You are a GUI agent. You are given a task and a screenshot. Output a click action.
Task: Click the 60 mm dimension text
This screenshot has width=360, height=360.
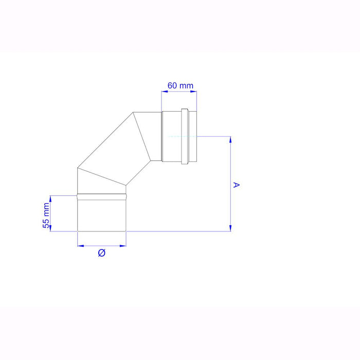pos(179,86)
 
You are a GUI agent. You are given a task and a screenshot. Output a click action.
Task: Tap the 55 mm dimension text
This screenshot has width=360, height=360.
pos(46,215)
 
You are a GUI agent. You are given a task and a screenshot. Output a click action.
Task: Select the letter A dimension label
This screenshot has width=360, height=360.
pos(237,184)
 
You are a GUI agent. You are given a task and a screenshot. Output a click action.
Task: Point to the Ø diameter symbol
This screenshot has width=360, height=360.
pos(101,253)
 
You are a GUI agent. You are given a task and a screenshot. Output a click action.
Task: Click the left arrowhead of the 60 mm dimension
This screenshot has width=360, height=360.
pos(164,92)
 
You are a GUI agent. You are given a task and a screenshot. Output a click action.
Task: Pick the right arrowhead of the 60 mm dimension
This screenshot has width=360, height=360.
pos(195,92)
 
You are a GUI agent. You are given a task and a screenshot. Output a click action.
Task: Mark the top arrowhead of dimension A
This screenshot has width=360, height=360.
pos(230,139)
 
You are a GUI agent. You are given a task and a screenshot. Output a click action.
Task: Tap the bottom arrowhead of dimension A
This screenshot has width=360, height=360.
pos(230,229)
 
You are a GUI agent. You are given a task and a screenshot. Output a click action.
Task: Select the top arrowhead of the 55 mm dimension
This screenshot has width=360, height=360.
pos(51,198)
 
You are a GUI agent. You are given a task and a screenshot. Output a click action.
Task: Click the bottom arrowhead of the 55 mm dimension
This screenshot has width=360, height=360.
pos(51,229)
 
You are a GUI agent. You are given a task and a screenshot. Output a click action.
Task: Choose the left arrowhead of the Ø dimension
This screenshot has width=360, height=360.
pos(80,245)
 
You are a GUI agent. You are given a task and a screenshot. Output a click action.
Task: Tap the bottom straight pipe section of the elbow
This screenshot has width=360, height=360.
pos(101,214)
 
